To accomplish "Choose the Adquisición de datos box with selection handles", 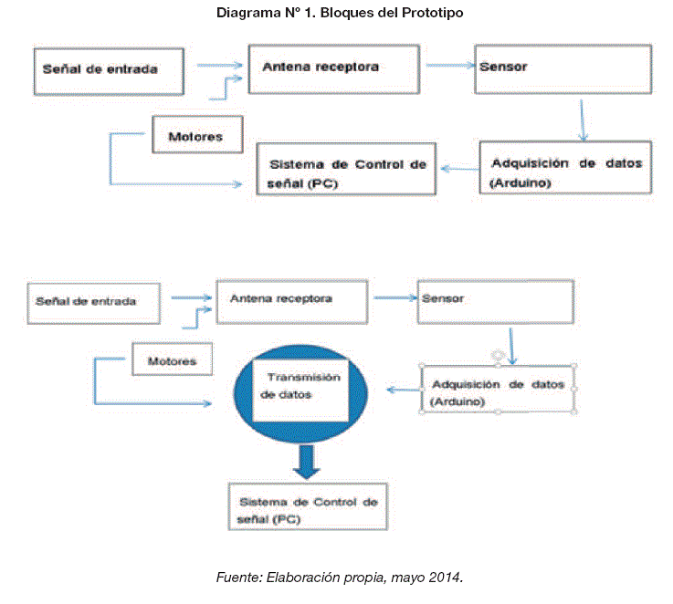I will (x=499, y=388).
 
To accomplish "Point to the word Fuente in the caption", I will (x=237, y=578).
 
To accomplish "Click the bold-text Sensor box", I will (x=563, y=67).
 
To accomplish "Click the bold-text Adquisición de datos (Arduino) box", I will (x=566, y=167).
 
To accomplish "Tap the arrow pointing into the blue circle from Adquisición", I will (x=402, y=390).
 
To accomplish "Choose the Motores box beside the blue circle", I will (x=174, y=360).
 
